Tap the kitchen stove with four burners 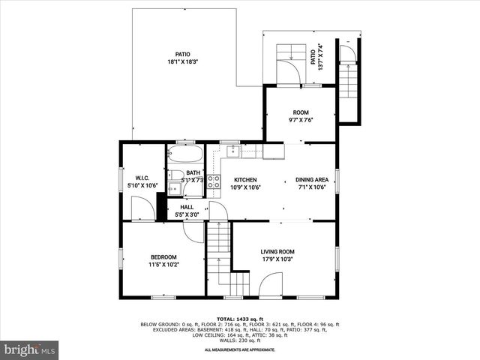[x=214, y=181]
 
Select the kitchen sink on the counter [x=232, y=151]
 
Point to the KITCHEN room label [x=245, y=180]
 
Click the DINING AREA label [x=311, y=180]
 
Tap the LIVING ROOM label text [x=277, y=252]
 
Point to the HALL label [x=187, y=207]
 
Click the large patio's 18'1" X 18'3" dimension [x=182, y=62]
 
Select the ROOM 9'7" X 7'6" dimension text [x=301, y=120]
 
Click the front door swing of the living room [x=270, y=285]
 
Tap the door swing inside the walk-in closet [x=142, y=209]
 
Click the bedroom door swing [x=193, y=232]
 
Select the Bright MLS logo [x=30, y=349]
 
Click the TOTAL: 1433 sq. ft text [x=239, y=319]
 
